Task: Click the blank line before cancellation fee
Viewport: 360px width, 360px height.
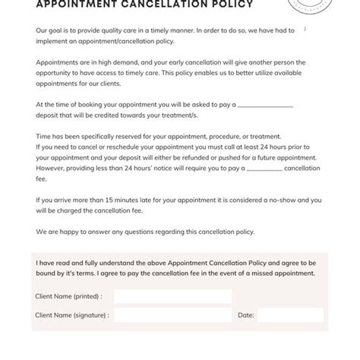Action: click(x=264, y=169)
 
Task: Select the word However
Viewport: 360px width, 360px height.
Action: click(x=52, y=169)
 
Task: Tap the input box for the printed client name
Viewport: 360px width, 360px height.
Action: click(x=172, y=296)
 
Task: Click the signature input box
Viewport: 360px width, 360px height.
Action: click(x=172, y=314)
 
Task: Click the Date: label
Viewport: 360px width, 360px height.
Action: click(x=246, y=314)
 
